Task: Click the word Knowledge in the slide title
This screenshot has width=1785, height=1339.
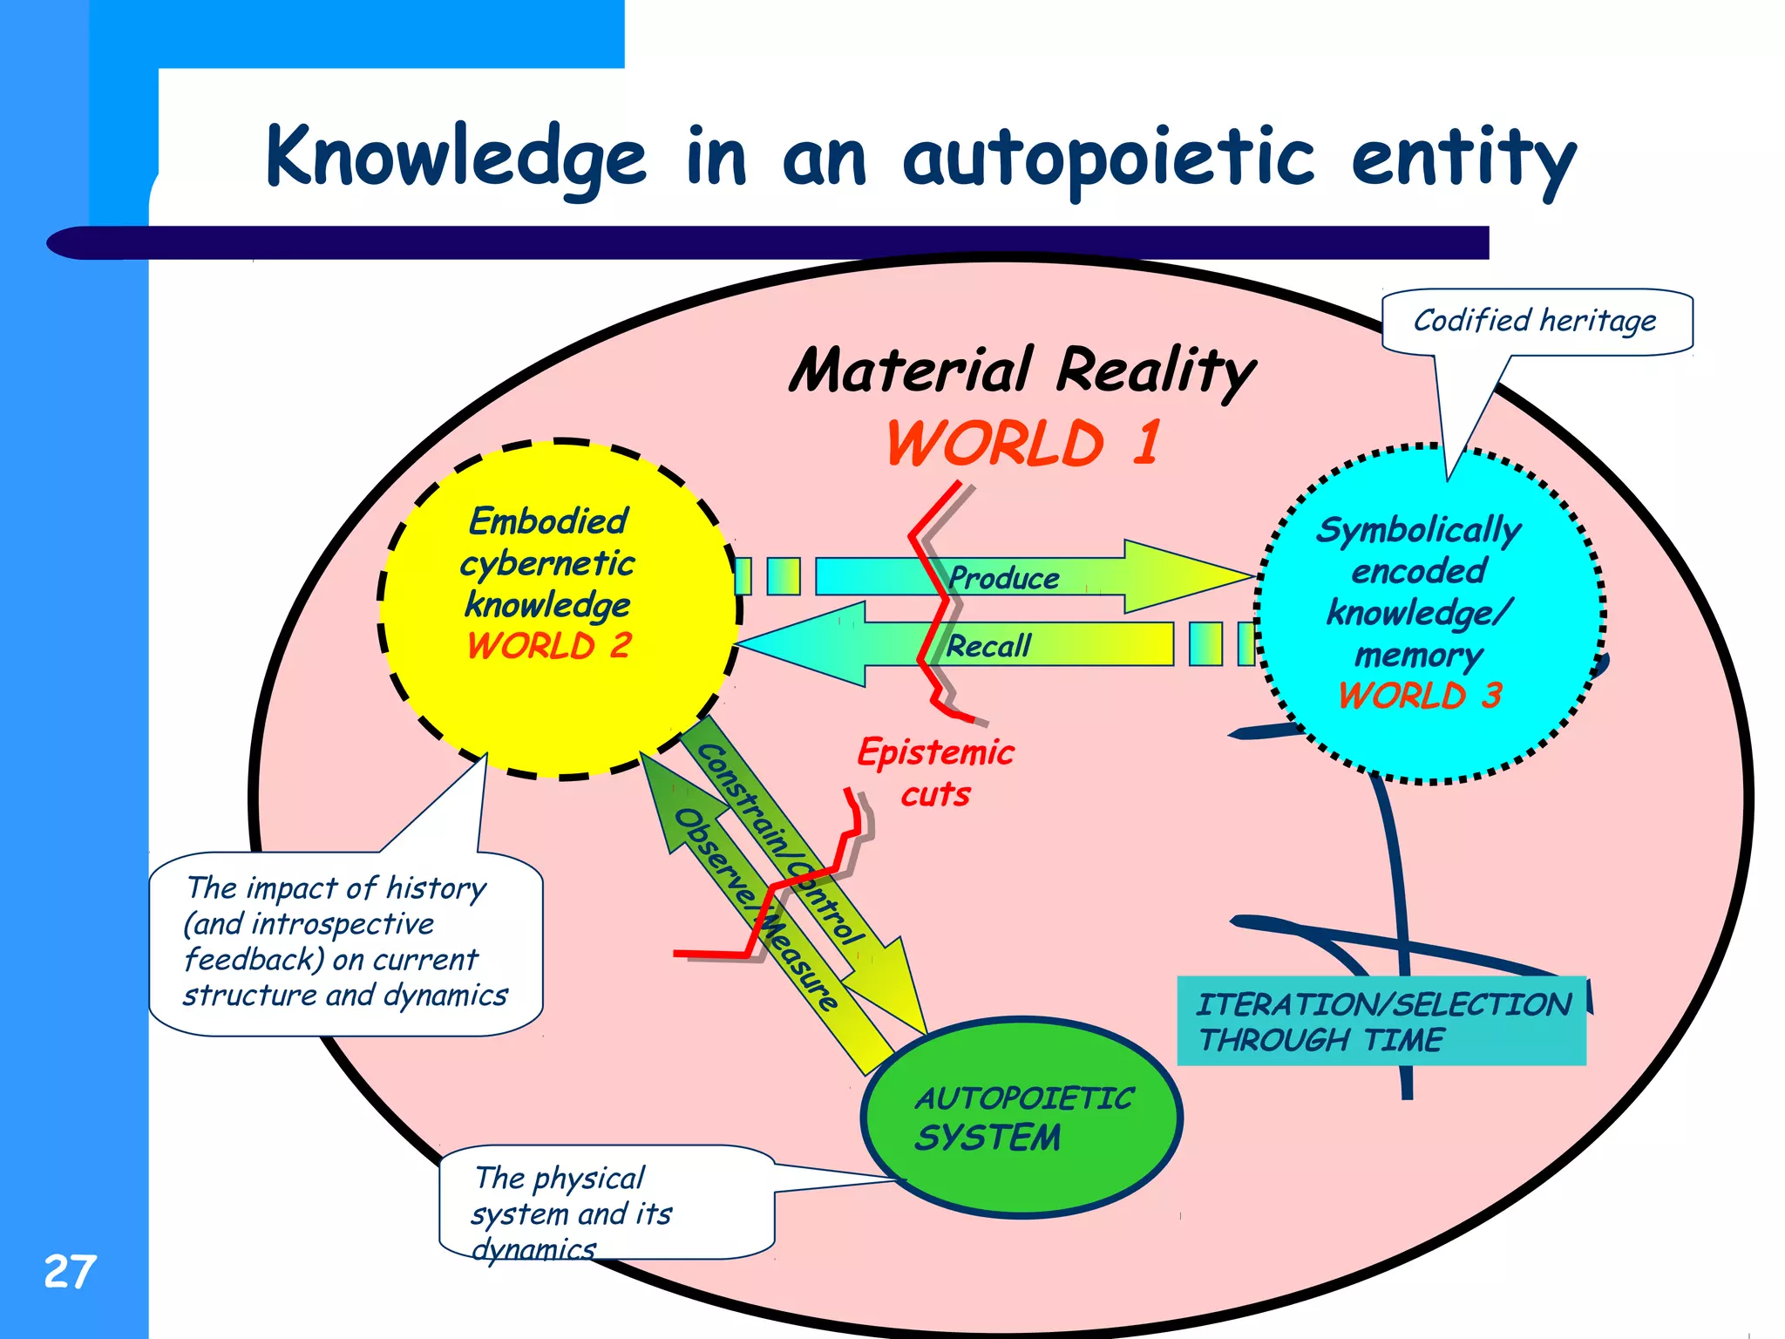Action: (x=455, y=157)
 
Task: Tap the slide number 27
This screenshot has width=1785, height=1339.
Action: (x=70, y=1271)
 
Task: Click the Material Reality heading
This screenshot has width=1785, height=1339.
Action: (x=1021, y=370)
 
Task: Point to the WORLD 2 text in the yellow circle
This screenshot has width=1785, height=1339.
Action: (x=549, y=646)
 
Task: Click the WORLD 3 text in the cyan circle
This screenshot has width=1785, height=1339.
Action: (x=1420, y=696)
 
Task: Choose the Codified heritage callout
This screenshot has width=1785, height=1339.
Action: (x=1536, y=321)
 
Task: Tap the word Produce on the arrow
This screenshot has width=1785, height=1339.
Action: (x=1004, y=578)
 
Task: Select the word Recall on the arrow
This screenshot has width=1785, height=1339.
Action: (x=988, y=646)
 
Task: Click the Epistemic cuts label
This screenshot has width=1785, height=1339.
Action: (x=935, y=772)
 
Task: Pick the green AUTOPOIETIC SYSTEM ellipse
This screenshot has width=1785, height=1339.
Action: (x=1021, y=1117)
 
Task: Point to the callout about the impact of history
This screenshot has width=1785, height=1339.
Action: (x=345, y=941)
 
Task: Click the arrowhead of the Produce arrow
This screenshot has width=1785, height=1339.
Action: (x=1190, y=576)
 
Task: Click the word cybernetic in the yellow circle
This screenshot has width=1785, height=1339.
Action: (x=547, y=563)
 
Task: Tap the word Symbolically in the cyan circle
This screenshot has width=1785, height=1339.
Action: (x=1419, y=530)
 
